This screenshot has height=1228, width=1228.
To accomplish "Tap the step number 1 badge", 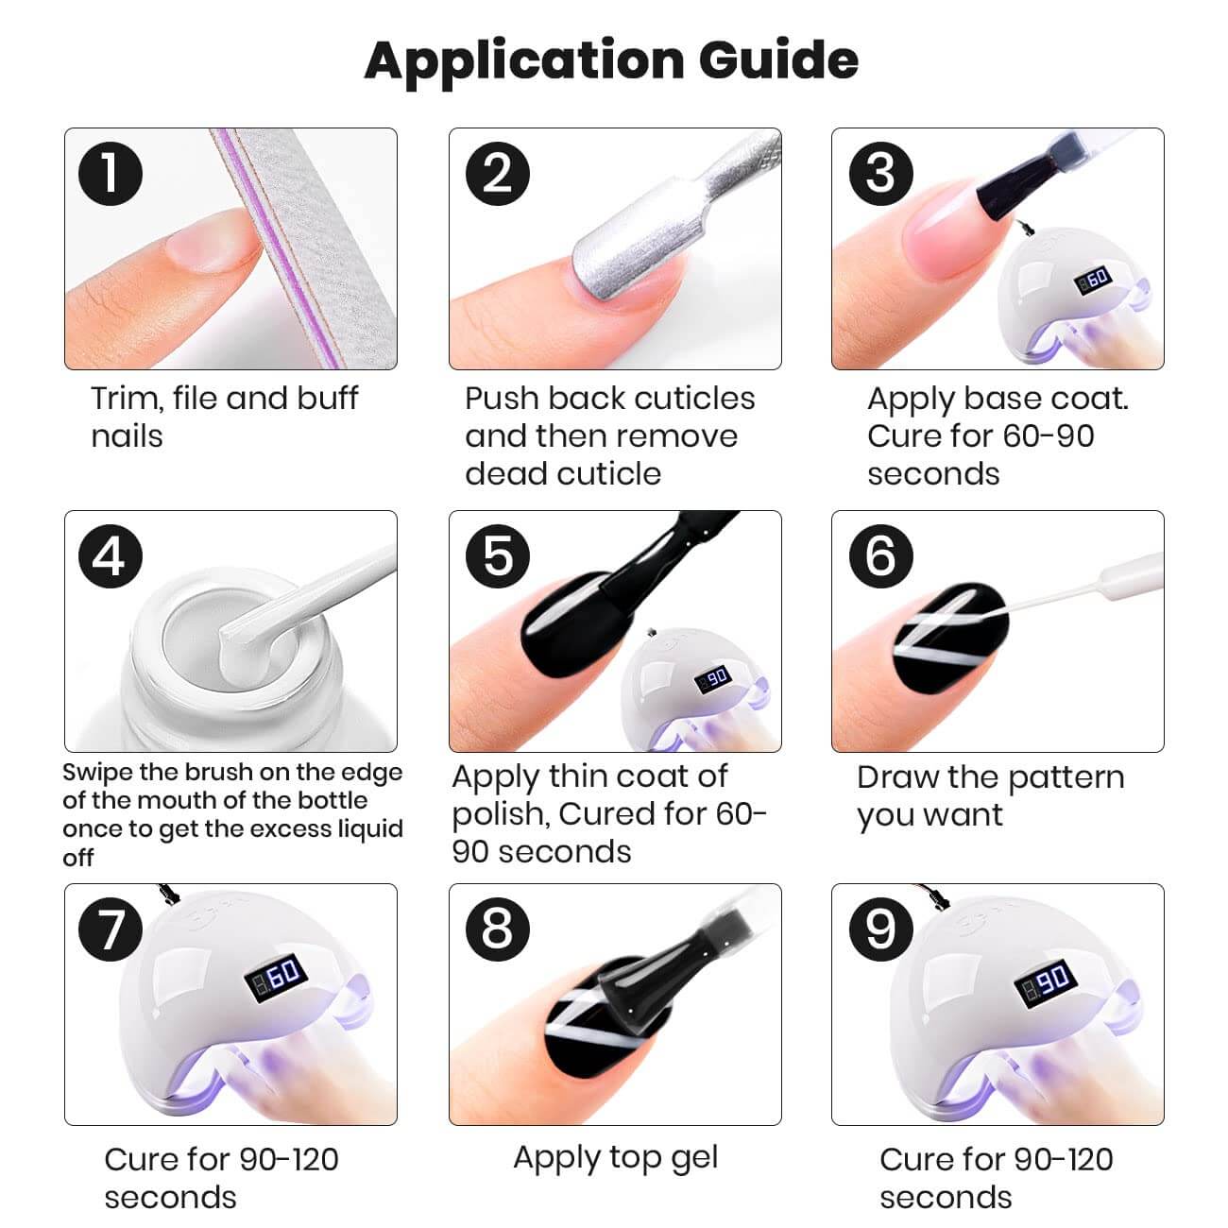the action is (x=111, y=173).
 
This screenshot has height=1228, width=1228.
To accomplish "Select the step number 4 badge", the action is (x=111, y=555).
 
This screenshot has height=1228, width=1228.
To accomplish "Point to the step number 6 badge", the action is (x=880, y=555).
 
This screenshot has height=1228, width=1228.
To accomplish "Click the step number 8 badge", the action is (x=497, y=929).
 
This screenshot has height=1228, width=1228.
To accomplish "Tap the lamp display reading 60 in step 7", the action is (x=276, y=976).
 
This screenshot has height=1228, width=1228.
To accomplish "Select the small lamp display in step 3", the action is (x=1092, y=280).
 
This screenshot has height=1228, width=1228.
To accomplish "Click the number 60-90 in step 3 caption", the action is (x=1049, y=436).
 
